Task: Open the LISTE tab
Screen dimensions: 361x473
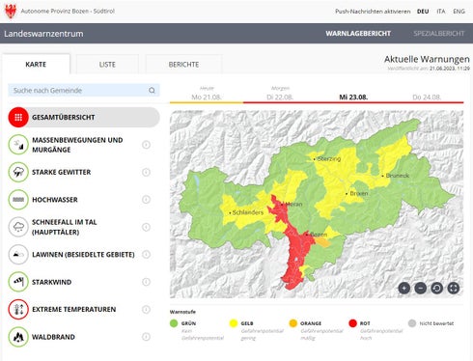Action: click(107, 65)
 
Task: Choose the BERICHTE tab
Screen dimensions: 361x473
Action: click(183, 65)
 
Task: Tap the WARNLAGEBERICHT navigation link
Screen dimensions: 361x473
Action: click(358, 33)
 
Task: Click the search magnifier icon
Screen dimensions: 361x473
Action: click(152, 90)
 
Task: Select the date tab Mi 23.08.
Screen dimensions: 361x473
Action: click(353, 97)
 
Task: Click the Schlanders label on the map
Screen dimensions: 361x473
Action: click(247, 210)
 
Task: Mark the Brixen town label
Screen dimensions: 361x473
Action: click(358, 194)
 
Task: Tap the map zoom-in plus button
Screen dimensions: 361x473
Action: click(403, 288)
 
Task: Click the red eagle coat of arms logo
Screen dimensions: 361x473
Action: click(12, 11)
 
